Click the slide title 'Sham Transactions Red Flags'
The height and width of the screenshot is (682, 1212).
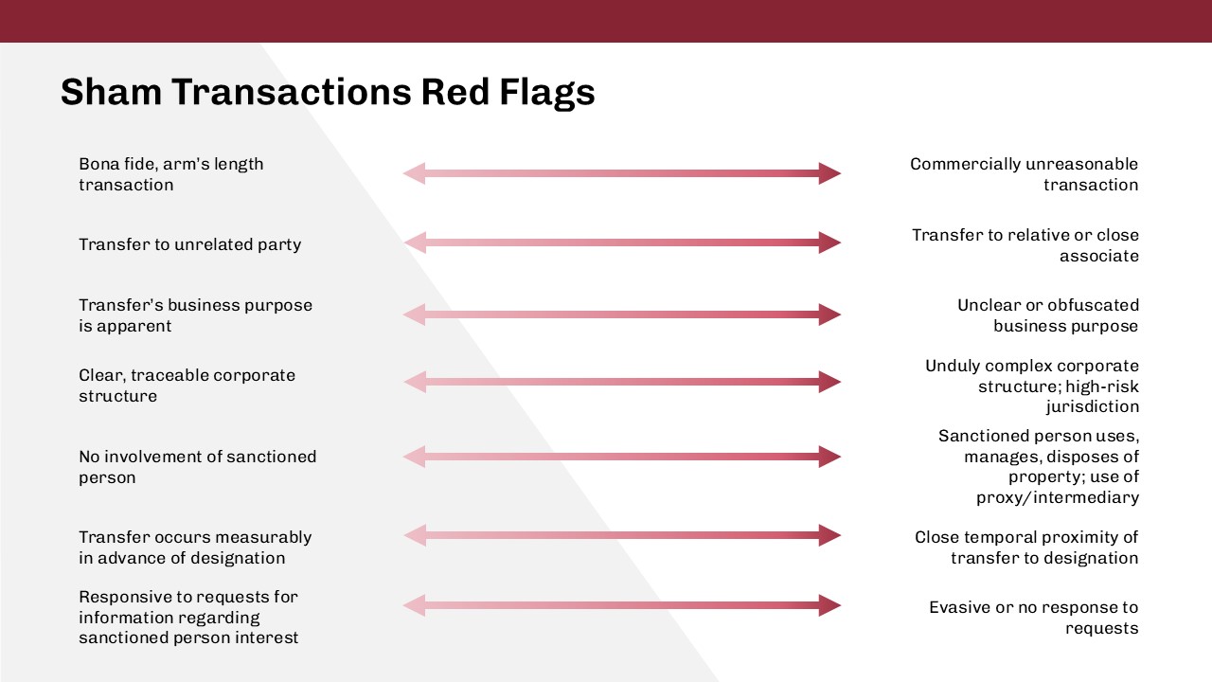coord(328,92)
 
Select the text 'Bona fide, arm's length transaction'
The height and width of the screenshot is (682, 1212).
coord(170,174)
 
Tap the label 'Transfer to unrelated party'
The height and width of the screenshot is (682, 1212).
coord(189,244)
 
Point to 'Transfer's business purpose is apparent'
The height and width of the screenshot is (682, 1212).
coord(195,315)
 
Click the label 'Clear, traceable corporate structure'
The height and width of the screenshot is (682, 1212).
coord(187,386)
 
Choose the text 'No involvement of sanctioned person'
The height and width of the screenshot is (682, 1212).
coord(197,467)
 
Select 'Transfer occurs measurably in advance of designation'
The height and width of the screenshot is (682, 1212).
coord(195,547)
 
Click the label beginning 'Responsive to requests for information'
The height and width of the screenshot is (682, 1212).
coord(188,618)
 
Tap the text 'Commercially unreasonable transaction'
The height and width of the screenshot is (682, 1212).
coord(1024,174)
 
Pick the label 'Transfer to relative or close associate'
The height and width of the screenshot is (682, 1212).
coord(1025,245)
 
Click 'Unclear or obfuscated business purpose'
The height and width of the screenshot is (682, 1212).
coord(1047,315)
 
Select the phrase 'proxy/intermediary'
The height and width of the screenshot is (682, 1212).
coord(1058,497)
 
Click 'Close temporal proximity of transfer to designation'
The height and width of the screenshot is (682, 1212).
coord(1026,547)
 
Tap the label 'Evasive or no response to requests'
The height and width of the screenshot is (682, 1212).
coord(1033,618)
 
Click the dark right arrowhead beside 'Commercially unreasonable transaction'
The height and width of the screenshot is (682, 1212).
coord(829,173)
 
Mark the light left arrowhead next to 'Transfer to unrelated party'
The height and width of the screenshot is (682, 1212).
coord(415,242)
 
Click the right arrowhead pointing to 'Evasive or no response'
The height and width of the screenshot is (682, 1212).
coord(829,605)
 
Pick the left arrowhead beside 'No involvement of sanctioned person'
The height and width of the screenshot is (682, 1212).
coord(415,457)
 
